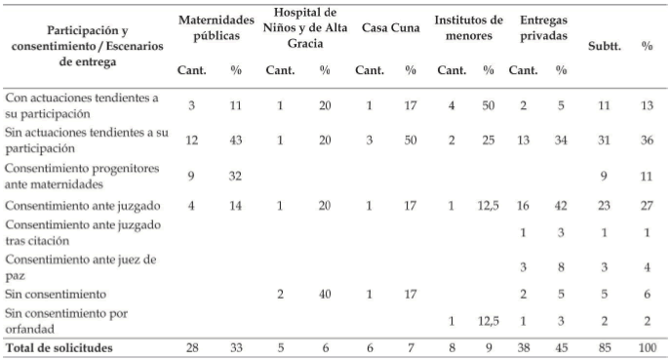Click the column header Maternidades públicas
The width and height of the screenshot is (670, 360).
[217, 27]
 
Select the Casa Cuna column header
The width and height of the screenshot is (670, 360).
[390, 27]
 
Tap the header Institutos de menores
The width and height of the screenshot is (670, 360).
[469, 27]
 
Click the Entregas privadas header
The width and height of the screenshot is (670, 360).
[543, 27]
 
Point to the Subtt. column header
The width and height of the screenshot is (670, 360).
[605, 46]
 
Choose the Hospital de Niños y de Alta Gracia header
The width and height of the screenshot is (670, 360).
[305, 27]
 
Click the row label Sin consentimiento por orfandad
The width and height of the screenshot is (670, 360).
[66, 321]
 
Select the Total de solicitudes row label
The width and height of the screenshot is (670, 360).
[59, 348]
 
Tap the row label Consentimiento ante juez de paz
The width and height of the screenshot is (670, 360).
[81, 267]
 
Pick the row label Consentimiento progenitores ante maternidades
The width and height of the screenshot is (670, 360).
[82, 177]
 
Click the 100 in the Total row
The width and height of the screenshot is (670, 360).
[648, 348]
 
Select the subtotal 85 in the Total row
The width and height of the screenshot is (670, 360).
[605, 348]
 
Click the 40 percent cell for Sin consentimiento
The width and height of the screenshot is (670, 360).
[325, 295]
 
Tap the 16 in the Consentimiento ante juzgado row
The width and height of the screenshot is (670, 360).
[523, 206]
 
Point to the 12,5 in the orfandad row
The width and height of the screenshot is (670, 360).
[489, 321]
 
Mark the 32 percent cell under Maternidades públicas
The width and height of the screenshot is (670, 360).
[235, 177]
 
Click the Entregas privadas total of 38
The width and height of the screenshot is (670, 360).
[523, 348]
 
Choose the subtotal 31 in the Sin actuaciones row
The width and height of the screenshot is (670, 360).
[605, 140]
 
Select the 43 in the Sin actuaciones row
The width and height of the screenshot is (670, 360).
[235, 140]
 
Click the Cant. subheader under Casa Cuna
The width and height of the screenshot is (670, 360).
[370, 70]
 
